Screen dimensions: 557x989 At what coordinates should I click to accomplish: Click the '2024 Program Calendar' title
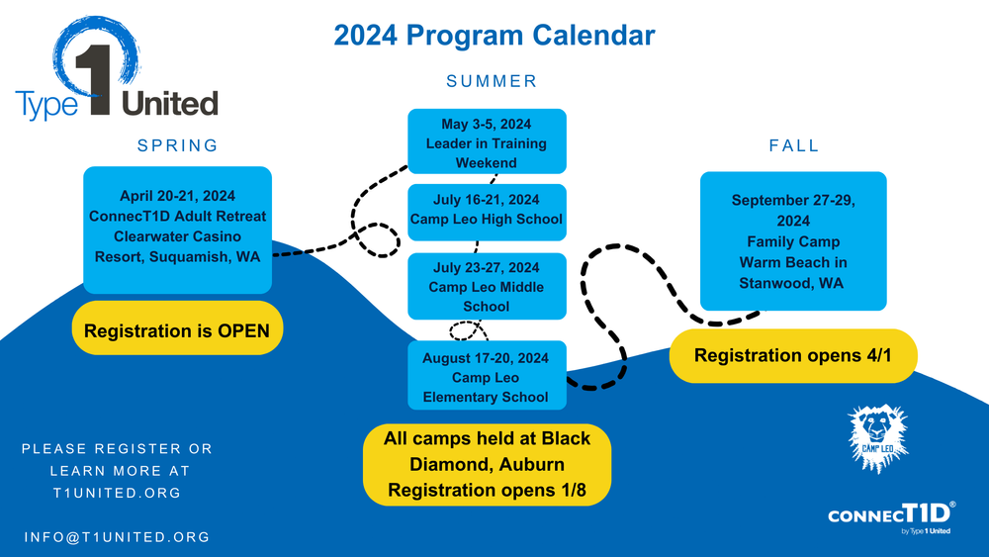(494, 36)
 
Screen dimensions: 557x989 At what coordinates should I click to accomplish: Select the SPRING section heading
(177, 145)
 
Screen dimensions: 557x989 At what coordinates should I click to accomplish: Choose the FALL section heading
(794, 145)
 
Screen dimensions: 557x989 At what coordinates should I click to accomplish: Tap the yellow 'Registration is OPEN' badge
(177, 331)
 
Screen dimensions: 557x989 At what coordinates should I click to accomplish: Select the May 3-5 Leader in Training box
(487, 142)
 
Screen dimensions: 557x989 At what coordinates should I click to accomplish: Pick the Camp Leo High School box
(487, 211)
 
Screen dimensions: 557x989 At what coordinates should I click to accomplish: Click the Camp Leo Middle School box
(487, 286)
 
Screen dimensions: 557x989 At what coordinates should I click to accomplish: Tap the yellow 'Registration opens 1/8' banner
(487, 464)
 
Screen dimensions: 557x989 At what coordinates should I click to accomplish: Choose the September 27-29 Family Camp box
(793, 241)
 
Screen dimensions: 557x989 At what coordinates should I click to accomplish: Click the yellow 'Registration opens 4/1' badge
(793, 355)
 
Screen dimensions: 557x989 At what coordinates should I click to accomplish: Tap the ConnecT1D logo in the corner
(891, 517)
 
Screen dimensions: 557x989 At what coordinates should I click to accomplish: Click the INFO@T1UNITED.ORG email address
(117, 537)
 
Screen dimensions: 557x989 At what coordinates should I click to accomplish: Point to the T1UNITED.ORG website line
(117, 493)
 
